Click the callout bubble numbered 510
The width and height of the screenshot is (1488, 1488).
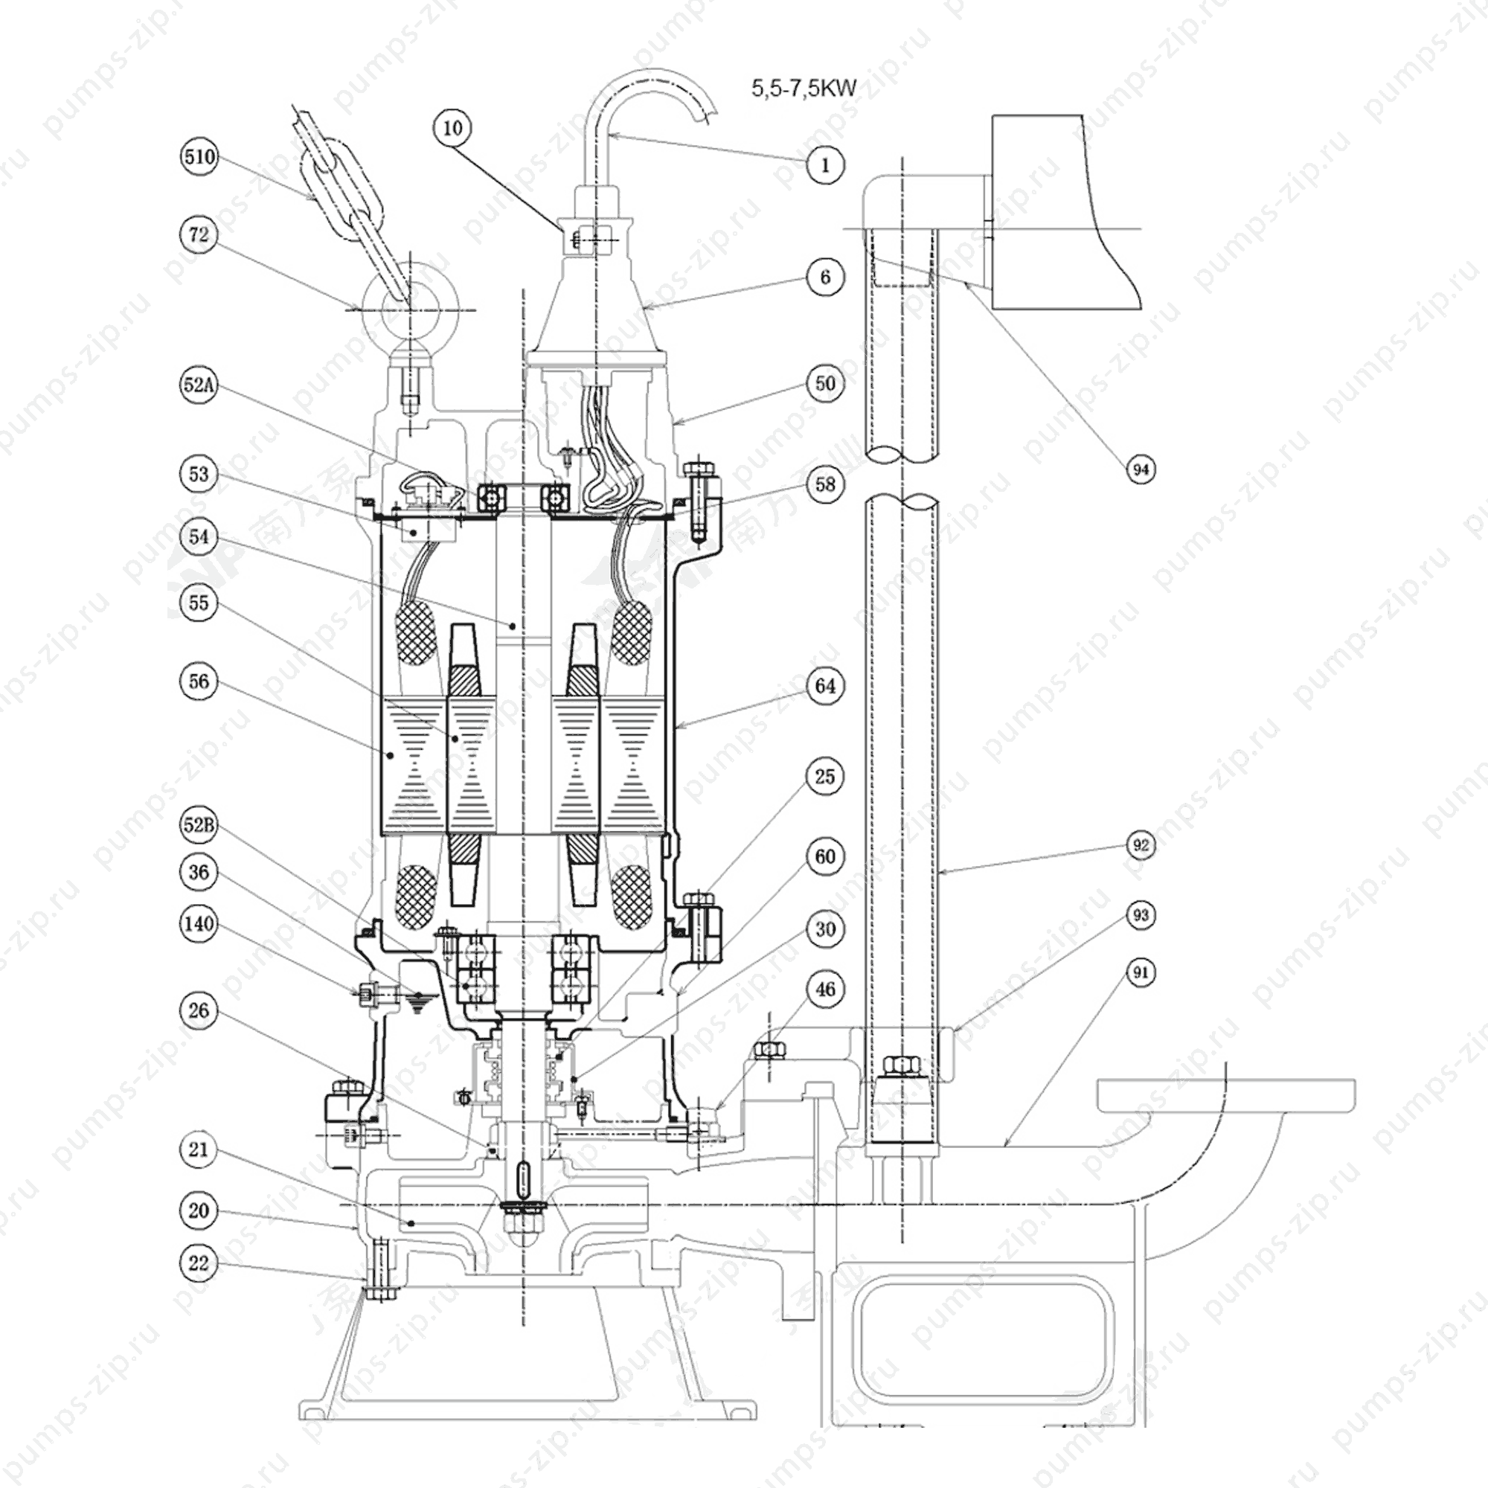[199, 157]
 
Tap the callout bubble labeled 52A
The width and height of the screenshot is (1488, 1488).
[199, 385]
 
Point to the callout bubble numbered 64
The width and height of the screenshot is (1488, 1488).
[825, 685]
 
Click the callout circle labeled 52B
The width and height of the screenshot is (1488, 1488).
[199, 826]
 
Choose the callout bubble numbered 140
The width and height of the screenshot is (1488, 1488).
[199, 923]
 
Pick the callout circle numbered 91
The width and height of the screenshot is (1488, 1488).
[1141, 972]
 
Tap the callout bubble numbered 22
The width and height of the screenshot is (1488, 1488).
[199, 1263]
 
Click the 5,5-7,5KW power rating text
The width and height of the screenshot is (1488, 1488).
[804, 88]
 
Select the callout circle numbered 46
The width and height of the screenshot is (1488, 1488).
[825, 990]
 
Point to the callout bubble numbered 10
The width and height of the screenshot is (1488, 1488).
[453, 127]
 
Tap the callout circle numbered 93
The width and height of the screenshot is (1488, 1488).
[1141, 915]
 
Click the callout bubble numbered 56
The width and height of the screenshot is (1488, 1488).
[199, 681]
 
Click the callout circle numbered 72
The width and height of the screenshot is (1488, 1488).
[199, 234]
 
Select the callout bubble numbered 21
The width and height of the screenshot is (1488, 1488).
[199, 1150]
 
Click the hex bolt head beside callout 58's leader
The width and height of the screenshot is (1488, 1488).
[698, 466]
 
